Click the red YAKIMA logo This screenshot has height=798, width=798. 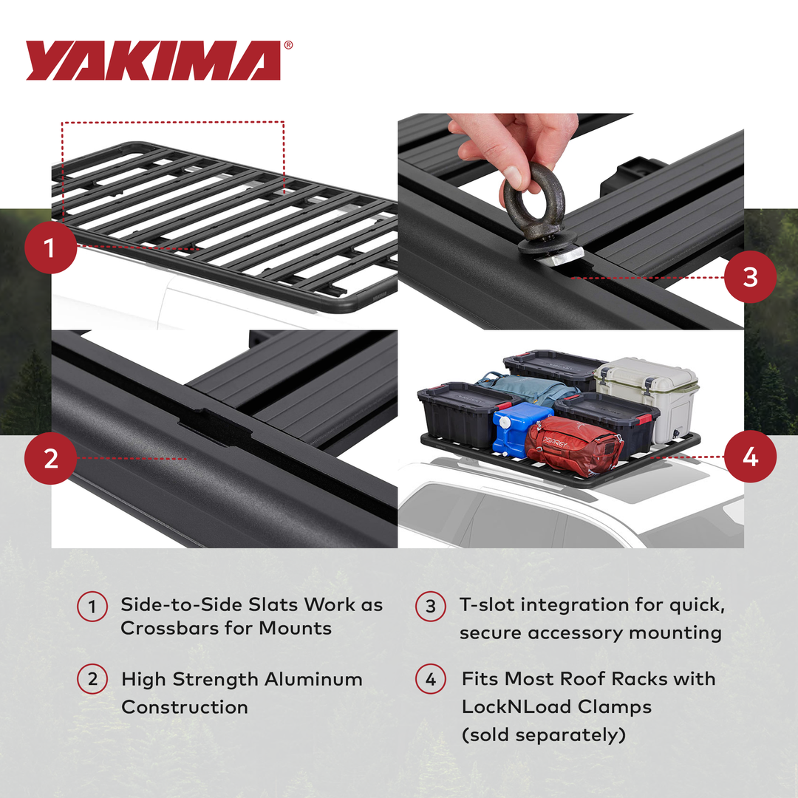[154, 61]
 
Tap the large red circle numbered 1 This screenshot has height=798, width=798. [50, 248]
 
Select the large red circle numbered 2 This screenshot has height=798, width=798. [50, 458]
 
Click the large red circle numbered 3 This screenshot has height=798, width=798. [750, 277]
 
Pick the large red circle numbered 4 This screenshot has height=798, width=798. [750, 457]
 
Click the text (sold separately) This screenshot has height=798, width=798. [543, 734]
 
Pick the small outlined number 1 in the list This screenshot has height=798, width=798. [92, 607]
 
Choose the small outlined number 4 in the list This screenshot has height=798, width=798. [431, 680]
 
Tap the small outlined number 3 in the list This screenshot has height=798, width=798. [431, 607]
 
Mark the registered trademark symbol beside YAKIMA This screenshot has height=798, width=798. [288, 45]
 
